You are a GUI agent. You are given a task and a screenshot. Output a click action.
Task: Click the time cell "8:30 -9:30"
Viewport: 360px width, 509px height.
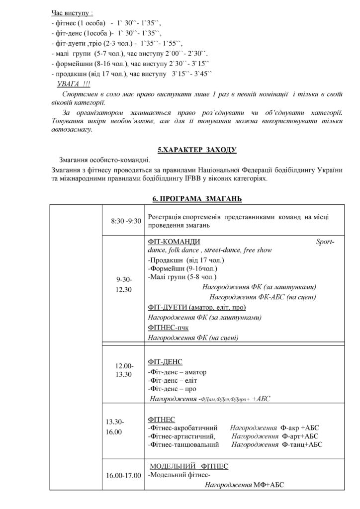[126, 221]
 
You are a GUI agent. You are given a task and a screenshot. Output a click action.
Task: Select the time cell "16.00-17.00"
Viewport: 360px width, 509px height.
[123, 476]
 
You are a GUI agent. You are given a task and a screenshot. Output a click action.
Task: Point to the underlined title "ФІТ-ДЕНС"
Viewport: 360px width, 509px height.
[165, 361]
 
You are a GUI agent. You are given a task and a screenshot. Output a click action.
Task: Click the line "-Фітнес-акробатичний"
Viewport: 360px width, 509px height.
[183, 427]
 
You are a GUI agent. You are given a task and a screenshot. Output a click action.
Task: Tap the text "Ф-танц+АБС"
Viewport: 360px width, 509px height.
[302, 444]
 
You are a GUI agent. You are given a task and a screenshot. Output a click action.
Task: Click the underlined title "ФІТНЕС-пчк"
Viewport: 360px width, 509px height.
[168, 328]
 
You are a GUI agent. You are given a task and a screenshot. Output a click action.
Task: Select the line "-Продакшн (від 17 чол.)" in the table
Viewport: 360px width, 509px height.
[186, 260]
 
